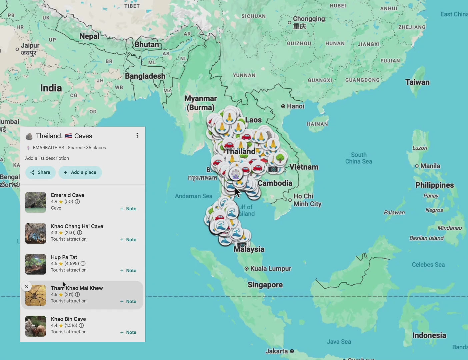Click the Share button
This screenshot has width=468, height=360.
(x=40, y=172)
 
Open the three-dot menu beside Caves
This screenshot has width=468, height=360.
(x=137, y=135)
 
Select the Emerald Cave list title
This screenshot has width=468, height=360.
(x=68, y=195)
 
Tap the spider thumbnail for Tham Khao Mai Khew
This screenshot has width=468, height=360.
(x=36, y=295)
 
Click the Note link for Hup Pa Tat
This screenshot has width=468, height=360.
(x=128, y=271)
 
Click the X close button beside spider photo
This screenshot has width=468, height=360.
(x=26, y=286)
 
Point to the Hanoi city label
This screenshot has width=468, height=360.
(x=295, y=106)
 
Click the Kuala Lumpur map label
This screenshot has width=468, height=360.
(x=270, y=269)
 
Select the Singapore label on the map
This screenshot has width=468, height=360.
(x=265, y=285)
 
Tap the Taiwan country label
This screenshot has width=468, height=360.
(x=417, y=82)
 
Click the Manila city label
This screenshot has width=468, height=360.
(x=430, y=166)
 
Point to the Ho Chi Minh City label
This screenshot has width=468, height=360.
(x=307, y=200)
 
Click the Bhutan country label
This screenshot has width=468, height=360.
(x=147, y=44)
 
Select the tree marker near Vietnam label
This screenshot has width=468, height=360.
(x=280, y=158)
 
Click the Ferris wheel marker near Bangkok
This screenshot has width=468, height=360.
(x=236, y=174)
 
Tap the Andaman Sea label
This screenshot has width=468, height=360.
(x=193, y=196)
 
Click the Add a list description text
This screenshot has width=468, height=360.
(x=47, y=158)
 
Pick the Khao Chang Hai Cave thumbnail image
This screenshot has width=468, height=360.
(x=36, y=233)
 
